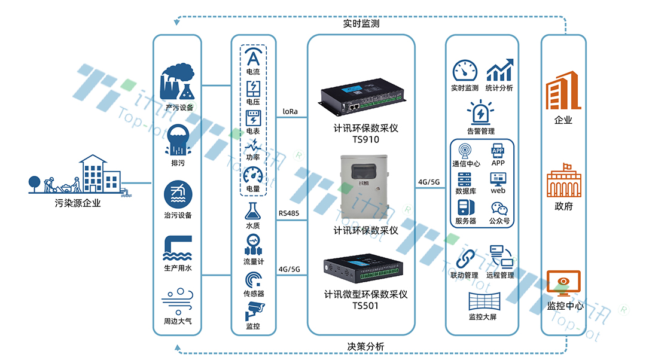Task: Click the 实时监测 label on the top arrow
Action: tap(361, 25)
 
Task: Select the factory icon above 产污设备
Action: tap(178, 84)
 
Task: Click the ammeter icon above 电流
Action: tap(253, 58)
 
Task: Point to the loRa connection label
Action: tap(290, 111)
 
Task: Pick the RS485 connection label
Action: tap(290, 212)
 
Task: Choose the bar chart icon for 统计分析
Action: tap(499, 71)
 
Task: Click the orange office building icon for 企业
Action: tap(563, 91)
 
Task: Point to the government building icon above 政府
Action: tap(563, 181)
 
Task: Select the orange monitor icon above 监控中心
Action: tap(563, 284)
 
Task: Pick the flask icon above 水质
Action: tap(253, 212)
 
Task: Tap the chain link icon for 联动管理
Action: tap(465, 258)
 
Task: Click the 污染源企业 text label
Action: tap(78, 203)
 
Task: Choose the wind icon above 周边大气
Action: tap(178, 302)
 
